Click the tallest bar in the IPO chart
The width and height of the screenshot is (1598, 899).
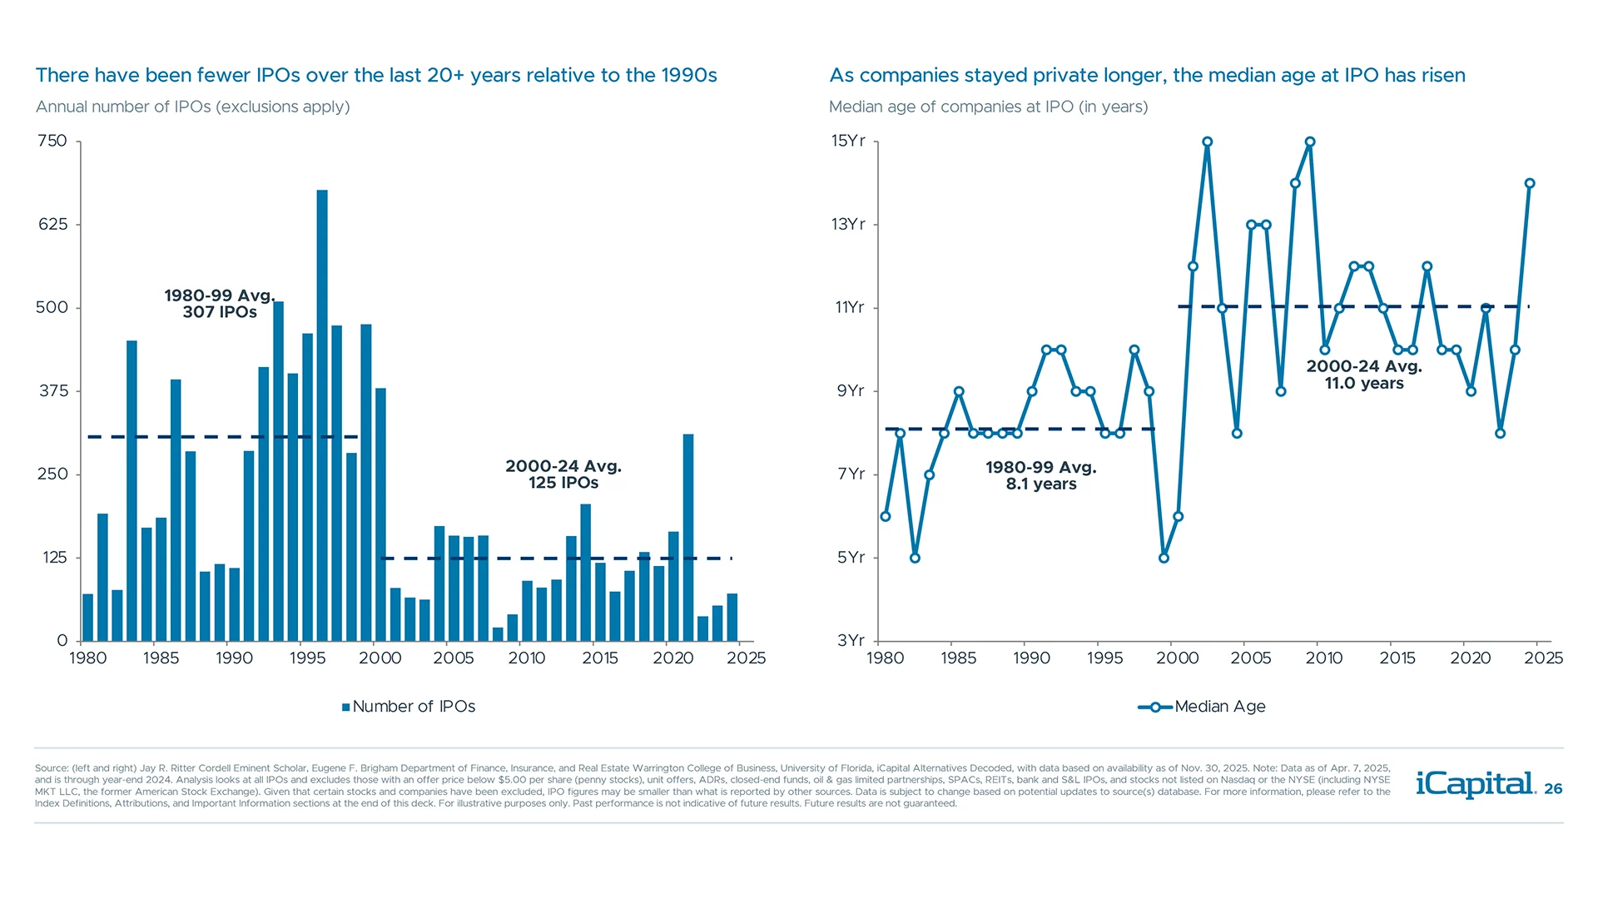point(322,416)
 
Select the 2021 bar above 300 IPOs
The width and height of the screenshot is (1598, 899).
point(688,537)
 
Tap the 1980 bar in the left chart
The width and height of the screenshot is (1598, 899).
point(88,618)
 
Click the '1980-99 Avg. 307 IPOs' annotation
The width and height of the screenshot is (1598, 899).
point(220,304)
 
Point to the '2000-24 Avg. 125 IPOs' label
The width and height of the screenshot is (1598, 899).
point(563,474)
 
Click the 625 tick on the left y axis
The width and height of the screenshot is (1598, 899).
point(52,224)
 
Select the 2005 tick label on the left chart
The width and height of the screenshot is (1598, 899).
point(454,658)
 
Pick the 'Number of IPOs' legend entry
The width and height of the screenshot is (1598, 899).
point(409,707)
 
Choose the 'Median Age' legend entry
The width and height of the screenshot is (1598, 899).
point(1203,707)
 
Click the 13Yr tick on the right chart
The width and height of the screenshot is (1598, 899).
point(848,224)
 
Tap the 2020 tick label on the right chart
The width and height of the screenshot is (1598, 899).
point(1471,658)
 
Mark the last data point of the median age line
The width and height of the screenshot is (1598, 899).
point(1530,184)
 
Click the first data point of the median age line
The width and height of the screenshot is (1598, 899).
point(886,517)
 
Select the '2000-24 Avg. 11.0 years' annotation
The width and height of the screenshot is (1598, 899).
point(1364,375)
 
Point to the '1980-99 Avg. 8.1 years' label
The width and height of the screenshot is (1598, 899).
point(1041,475)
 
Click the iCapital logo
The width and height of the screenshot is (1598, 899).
point(1475,784)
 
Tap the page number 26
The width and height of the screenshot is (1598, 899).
point(1553,789)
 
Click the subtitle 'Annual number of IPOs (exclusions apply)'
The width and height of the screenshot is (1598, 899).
point(192,107)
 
